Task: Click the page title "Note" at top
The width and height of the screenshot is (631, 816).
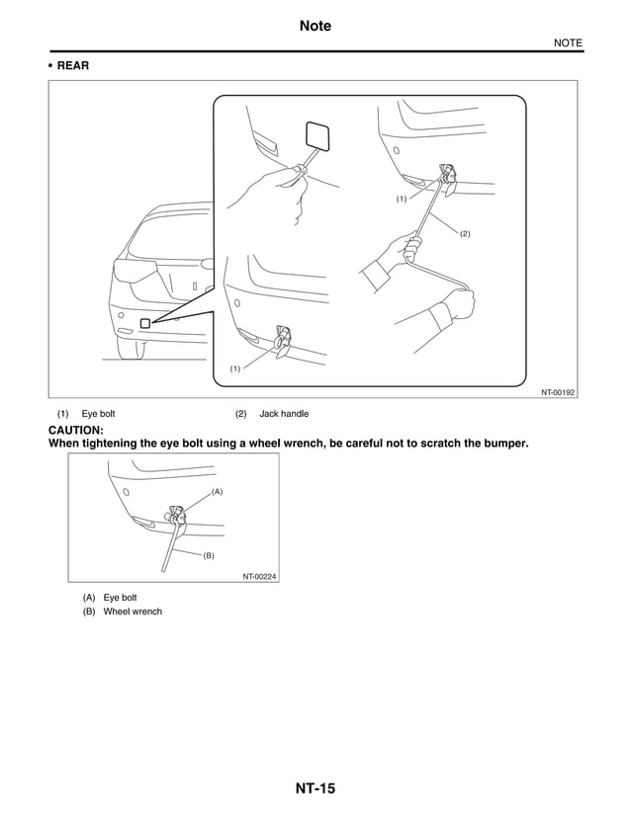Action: (x=315, y=26)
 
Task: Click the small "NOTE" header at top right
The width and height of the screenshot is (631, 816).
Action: (x=567, y=42)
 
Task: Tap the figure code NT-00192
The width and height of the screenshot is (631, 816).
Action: (x=557, y=392)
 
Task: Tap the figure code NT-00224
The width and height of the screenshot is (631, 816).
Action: (x=259, y=576)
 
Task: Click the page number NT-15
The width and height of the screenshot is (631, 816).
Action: (x=315, y=788)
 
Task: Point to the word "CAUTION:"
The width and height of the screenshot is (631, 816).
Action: (x=76, y=431)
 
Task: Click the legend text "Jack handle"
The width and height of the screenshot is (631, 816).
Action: (x=284, y=414)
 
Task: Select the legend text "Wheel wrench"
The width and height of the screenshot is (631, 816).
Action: (x=133, y=612)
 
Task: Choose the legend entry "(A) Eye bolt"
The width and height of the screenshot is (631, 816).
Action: (x=110, y=598)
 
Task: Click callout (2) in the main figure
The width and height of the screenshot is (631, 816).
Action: (x=464, y=233)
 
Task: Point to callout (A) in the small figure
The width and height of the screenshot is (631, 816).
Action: (x=218, y=491)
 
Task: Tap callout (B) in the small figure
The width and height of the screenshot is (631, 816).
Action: (x=209, y=556)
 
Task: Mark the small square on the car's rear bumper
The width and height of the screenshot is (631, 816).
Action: (x=144, y=323)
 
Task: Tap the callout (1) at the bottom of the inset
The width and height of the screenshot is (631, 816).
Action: (x=235, y=368)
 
